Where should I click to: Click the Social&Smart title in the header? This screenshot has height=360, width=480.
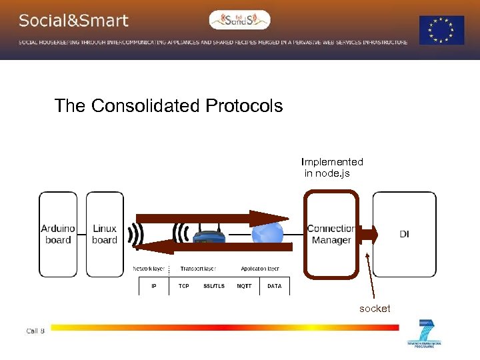[x=73, y=21]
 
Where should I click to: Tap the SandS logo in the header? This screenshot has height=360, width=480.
[x=240, y=20]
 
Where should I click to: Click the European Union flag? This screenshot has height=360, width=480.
[x=441, y=30]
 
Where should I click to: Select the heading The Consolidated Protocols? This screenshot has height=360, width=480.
[x=169, y=106]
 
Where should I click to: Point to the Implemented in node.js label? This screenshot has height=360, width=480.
[x=332, y=167]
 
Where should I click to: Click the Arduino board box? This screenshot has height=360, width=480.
[x=58, y=234]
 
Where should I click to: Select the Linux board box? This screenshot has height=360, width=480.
[x=105, y=234]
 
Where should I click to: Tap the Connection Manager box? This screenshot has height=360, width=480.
[x=331, y=234]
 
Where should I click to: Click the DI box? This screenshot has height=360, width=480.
[x=404, y=234]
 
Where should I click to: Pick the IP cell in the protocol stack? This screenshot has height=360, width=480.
[x=154, y=286]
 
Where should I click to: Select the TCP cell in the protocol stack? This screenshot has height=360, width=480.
[x=183, y=286]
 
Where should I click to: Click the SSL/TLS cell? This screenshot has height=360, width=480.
[x=214, y=286]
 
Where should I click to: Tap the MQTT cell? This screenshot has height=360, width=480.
[x=244, y=286]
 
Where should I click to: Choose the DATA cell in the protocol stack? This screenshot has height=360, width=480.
[x=274, y=286]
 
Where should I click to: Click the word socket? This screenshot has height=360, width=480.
[x=375, y=309]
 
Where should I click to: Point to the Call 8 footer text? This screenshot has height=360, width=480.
[x=35, y=331]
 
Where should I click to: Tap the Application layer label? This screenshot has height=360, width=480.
[x=260, y=269]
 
